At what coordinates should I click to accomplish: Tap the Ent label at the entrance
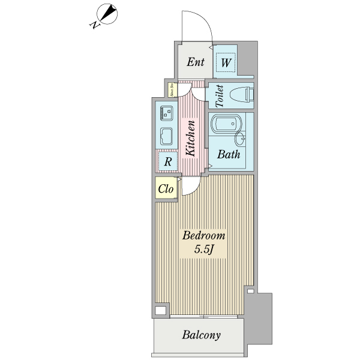(195, 62)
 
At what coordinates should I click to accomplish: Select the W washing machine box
(226, 62)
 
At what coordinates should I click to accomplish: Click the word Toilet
(219, 95)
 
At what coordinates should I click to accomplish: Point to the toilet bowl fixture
(242, 95)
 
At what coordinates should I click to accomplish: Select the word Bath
(229, 154)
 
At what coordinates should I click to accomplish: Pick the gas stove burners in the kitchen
(166, 111)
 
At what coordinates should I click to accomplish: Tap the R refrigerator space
(168, 161)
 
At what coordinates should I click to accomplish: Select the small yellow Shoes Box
(171, 91)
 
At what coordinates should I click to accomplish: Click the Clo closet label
(166, 189)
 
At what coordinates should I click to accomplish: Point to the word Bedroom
(204, 235)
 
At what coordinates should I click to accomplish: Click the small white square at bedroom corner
(160, 311)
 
